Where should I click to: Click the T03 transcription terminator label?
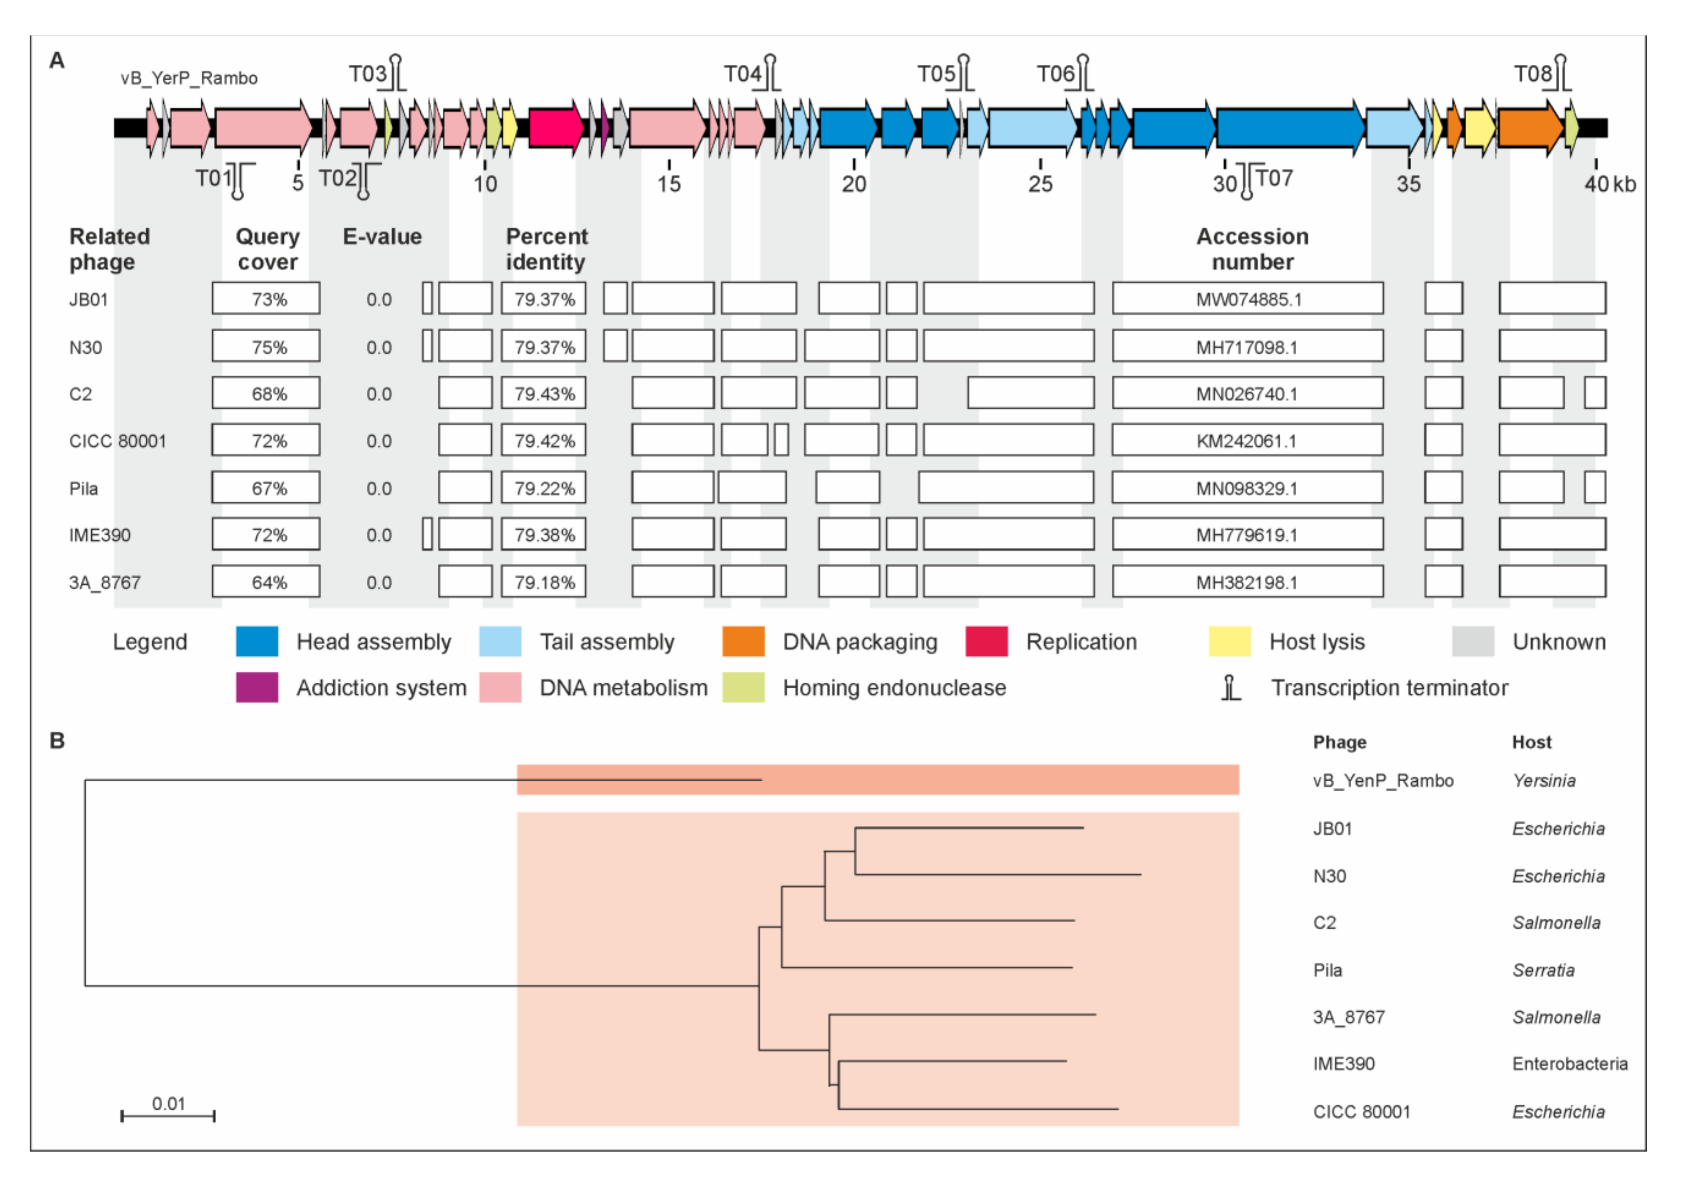[367, 74]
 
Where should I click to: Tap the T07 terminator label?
[1274, 179]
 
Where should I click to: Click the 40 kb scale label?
[1610, 183]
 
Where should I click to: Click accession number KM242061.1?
[1247, 441]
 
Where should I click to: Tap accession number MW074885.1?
[1248, 299]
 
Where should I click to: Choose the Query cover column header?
[267, 249]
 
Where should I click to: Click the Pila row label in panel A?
[84, 488]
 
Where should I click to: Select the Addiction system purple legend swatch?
[257, 688]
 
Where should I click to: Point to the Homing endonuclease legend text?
[894, 688]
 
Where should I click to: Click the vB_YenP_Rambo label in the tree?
[1383, 780]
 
